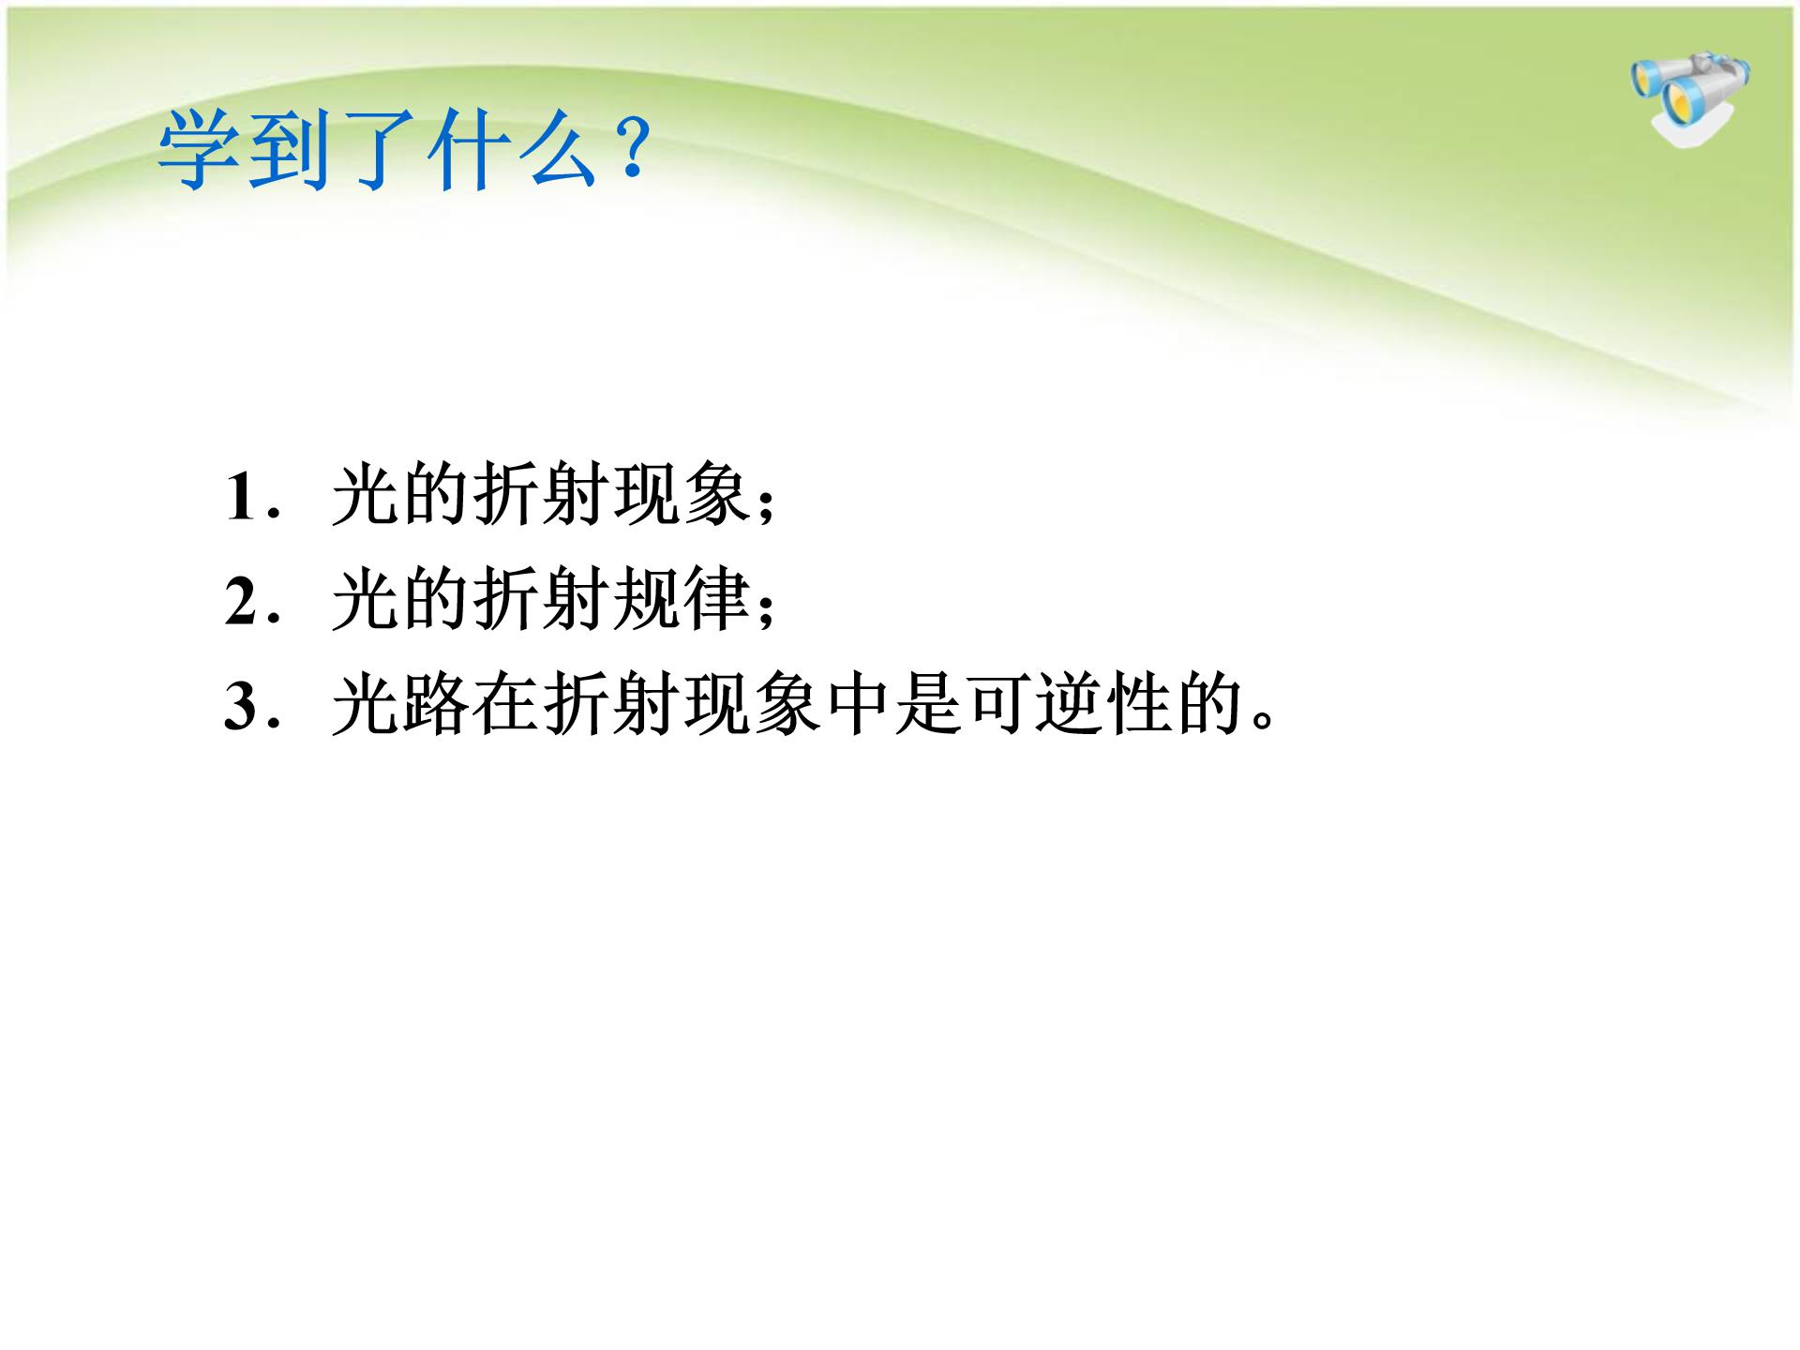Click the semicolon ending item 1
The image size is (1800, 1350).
[766, 506]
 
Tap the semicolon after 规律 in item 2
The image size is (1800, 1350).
[766, 611]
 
